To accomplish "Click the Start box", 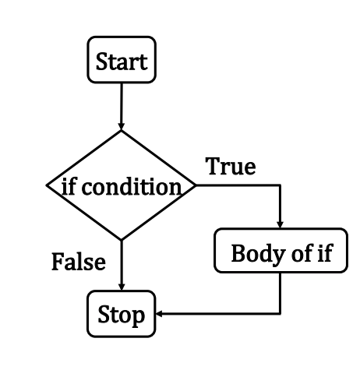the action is click(122, 60).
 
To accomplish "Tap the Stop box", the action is click(122, 314).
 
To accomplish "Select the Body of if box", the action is click(281, 251).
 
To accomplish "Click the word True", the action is click(231, 167).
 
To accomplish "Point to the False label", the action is click(79, 262).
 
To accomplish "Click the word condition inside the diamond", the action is click(132, 187).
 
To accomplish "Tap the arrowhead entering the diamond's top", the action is click(121, 125).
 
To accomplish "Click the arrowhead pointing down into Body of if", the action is click(280, 225).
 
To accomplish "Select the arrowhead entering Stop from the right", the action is click(159, 314).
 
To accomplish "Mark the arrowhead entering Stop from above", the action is click(122, 287).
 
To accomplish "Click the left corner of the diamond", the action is click(47, 185).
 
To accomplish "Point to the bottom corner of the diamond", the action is click(122, 240).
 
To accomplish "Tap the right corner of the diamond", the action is click(196, 185).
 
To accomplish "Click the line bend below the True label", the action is click(280, 185).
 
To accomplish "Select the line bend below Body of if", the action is click(281, 314).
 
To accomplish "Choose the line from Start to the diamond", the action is click(121, 106).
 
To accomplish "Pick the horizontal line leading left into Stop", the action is click(218, 314).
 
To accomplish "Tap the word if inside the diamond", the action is click(69, 186).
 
